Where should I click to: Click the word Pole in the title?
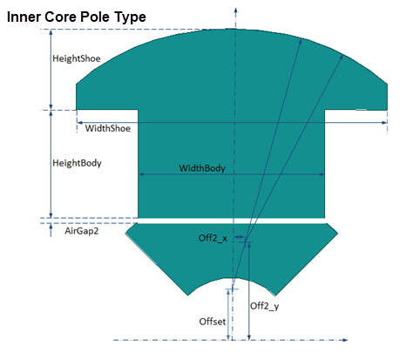[96, 17]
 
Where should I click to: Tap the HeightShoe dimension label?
[77, 58]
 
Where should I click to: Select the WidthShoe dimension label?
[108, 128]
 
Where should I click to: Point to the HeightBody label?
[77, 163]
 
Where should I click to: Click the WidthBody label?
[202, 168]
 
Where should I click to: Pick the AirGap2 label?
[82, 231]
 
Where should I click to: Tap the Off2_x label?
[213, 238]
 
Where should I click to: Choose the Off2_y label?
[264, 306]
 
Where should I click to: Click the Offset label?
[213, 322]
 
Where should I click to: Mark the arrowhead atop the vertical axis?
[236, 10]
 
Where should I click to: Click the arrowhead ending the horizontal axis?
[345, 340]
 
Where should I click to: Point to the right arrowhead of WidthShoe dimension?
[384, 123]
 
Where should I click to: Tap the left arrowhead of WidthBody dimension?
[141, 174]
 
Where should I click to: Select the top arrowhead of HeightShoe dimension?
[51, 32]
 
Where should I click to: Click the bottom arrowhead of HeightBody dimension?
[51, 214]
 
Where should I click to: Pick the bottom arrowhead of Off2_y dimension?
[249, 337]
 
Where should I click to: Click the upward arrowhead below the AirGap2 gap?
[51, 227]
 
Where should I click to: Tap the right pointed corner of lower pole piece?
[338, 233]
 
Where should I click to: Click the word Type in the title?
[130, 17]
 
